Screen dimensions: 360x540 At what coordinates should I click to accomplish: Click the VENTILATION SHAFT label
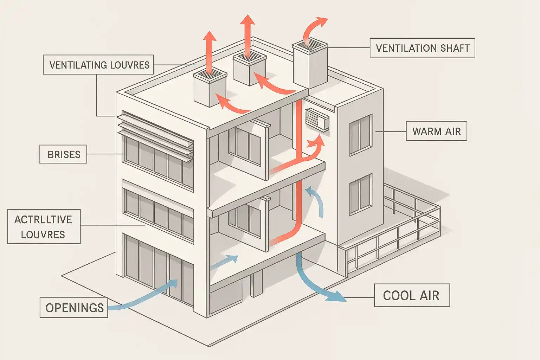click(x=422, y=48)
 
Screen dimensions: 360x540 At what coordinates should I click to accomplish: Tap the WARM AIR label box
click(x=436, y=131)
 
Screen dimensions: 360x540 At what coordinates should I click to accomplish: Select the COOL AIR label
click(x=411, y=295)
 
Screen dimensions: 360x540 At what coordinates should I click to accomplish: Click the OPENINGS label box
click(x=74, y=308)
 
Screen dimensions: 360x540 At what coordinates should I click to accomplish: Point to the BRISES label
click(x=63, y=154)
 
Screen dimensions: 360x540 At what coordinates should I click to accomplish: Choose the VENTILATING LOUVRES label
click(x=99, y=65)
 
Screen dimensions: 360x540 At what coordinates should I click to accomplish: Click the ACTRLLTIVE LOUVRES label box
click(x=44, y=227)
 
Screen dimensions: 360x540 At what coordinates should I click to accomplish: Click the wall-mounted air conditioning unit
click(x=317, y=119)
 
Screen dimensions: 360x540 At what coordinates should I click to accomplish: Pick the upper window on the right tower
click(x=361, y=135)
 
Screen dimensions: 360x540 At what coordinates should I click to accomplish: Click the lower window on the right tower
click(x=361, y=194)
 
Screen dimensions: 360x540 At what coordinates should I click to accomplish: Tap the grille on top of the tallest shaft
click(x=310, y=45)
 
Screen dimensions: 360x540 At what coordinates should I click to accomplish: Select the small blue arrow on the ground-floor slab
click(x=225, y=262)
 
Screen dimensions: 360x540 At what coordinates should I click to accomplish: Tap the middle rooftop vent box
click(x=250, y=69)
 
